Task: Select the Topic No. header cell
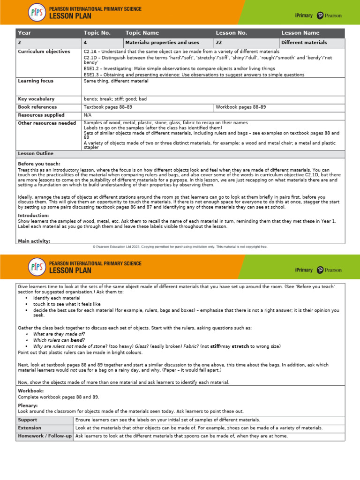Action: (97, 33)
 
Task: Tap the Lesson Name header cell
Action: (300, 33)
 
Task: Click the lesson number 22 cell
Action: (219, 43)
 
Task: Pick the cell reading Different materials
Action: (304, 43)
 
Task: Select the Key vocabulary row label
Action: (36, 99)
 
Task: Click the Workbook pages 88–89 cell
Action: (240, 107)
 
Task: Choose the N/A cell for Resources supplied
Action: (88, 115)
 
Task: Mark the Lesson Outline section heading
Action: (36, 154)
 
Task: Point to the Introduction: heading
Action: (33, 215)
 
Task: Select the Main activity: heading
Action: (34, 241)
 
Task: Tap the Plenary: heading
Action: (27, 405)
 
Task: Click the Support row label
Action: (27, 420)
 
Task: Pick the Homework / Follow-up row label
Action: (45, 436)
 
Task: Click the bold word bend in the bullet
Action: (77, 340)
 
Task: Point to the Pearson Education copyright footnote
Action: (180, 246)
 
